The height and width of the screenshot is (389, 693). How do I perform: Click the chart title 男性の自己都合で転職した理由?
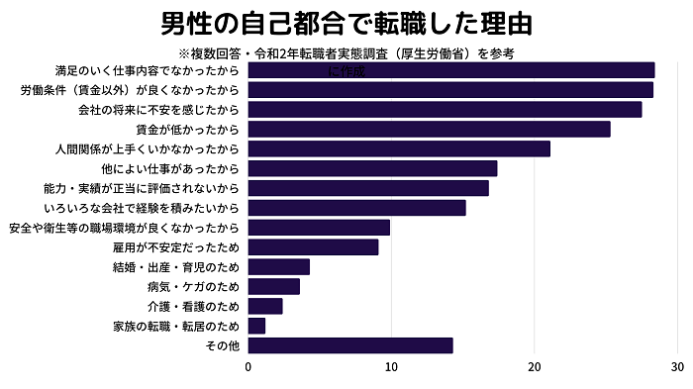tap(346, 23)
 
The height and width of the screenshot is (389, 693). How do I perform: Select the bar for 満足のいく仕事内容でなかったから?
tap(450, 70)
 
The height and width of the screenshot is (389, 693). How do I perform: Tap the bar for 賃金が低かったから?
tap(429, 129)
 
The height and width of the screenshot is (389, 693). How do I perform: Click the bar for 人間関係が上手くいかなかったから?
tap(399, 148)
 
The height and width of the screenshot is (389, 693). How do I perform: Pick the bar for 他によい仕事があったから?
tap(372, 168)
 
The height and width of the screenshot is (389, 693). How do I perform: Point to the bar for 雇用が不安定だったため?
tap(313, 246)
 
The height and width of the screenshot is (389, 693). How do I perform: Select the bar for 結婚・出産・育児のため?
tap(278, 266)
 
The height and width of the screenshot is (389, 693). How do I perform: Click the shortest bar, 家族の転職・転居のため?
tap(256, 326)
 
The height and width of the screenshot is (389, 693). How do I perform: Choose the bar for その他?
tap(349, 345)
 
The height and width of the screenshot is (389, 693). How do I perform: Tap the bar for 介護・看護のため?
tap(265, 306)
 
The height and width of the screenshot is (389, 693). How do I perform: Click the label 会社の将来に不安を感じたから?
tap(158, 110)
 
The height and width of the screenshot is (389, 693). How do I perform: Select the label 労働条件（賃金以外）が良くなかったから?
tap(130, 90)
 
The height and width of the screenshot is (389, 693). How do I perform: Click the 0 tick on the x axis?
tap(248, 367)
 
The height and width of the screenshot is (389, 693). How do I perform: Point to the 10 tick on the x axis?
tap(391, 367)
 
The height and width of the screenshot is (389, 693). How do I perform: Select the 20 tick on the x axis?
tap(535, 367)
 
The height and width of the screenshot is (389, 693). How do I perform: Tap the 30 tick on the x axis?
tap(677, 367)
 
